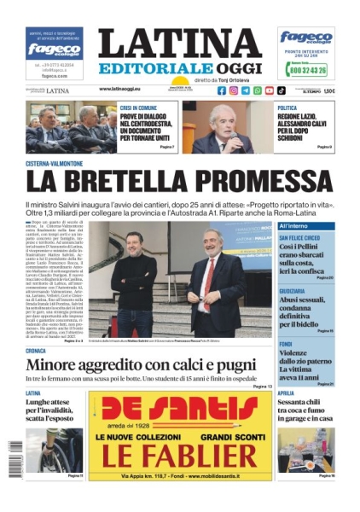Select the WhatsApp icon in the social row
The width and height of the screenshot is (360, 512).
point(258,90)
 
